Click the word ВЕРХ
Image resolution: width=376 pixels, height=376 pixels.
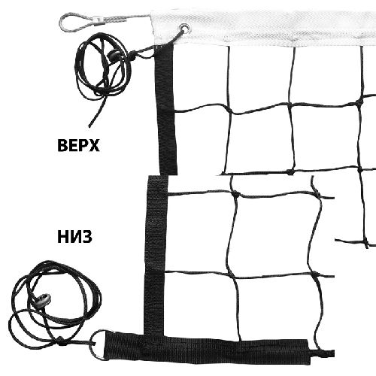click(78, 145)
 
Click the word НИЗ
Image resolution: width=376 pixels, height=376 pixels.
click(74, 237)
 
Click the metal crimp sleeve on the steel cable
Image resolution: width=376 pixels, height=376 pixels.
click(101, 20)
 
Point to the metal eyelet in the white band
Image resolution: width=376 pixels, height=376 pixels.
click(185, 27)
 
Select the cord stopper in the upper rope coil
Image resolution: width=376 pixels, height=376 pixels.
click(114, 54)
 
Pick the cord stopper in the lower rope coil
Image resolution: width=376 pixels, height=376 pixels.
click(44, 299)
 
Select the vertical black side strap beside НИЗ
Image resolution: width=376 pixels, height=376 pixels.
click(155, 254)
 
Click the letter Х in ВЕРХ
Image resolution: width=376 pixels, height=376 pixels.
click(94, 145)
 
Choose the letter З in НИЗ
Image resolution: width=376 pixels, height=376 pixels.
click(86, 237)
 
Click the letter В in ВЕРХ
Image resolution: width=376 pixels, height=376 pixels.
click(62, 145)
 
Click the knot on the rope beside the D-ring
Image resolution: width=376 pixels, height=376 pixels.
click(60, 339)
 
